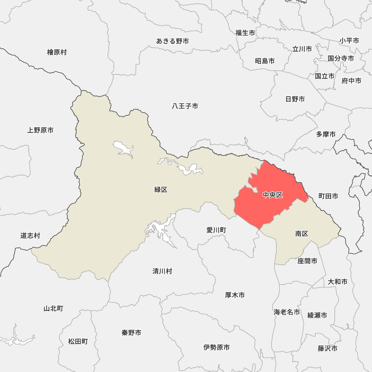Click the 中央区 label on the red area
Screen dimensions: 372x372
(273, 195)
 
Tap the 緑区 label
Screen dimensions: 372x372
(161, 190)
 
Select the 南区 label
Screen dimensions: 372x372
(302, 234)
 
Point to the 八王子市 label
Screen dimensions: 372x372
(185, 106)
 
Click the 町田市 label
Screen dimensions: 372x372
(328, 196)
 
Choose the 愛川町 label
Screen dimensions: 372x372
(216, 230)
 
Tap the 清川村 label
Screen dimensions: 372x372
(162, 271)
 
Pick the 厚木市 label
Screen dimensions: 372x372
(235, 295)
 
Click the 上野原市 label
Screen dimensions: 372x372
(40, 130)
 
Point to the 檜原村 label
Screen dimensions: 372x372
(57, 52)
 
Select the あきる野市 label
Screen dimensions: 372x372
(172, 41)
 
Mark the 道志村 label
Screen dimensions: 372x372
(30, 235)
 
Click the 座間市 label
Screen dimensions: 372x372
(307, 261)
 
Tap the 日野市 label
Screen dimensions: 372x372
(295, 99)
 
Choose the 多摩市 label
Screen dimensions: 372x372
(326, 134)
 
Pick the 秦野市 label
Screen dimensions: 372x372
(131, 333)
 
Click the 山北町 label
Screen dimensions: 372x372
(54, 308)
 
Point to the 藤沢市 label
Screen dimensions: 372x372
(328, 349)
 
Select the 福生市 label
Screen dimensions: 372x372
(245, 33)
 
